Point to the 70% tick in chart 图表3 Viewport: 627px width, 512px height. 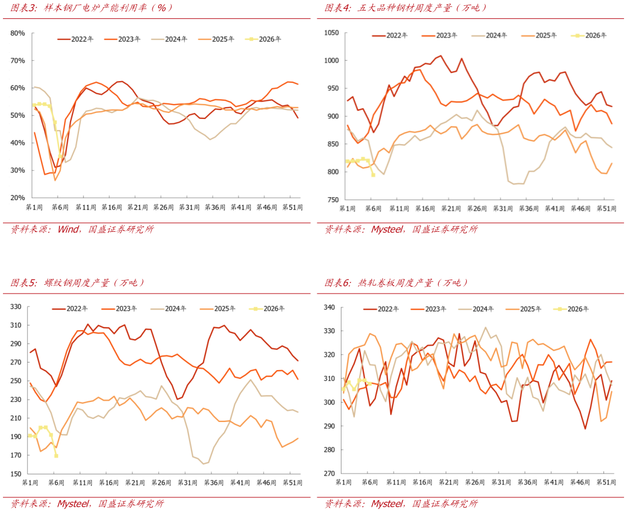point(18,61)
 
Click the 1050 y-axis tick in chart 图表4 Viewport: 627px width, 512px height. point(331,33)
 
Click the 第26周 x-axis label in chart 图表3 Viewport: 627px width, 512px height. point(162,207)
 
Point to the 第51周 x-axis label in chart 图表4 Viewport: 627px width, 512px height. point(606,209)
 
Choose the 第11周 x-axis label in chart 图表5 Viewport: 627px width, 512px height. point(82,483)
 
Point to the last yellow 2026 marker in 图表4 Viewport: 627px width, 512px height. point(373,175)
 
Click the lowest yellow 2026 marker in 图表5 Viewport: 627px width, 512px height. point(56,456)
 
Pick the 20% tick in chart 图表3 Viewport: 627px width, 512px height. point(18,198)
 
